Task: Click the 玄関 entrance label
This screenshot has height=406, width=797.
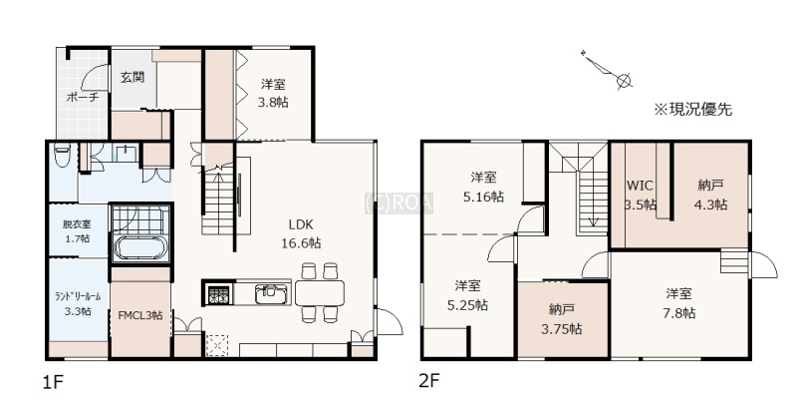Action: pyautogui.click(x=133, y=78)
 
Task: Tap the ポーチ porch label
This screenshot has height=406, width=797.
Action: pyautogui.click(x=83, y=97)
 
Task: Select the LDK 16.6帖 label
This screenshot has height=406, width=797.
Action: pyautogui.click(x=302, y=233)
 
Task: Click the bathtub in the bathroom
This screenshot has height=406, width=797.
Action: pyautogui.click(x=140, y=248)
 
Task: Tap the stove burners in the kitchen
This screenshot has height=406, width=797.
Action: pyautogui.click(x=219, y=293)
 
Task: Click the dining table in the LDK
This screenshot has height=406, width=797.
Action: pyautogui.click(x=320, y=293)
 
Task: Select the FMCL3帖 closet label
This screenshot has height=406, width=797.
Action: pyautogui.click(x=140, y=315)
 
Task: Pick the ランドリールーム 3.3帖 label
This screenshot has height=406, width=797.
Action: pyautogui.click(x=78, y=303)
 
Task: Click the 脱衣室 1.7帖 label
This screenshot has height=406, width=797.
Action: pyautogui.click(x=77, y=230)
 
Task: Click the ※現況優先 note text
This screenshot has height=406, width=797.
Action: pyautogui.click(x=692, y=110)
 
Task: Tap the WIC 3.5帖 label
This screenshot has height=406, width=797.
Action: pyautogui.click(x=640, y=195)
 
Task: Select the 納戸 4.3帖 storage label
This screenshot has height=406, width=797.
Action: pyautogui.click(x=710, y=195)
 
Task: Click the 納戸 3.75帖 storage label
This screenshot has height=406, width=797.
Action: pyautogui.click(x=562, y=319)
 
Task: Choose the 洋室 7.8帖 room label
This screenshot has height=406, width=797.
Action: pyautogui.click(x=679, y=303)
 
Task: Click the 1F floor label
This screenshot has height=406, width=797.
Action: pyautogui.click(x=53, y=382)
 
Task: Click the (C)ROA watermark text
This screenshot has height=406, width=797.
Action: pyautogui.click(x=399, y=203)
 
